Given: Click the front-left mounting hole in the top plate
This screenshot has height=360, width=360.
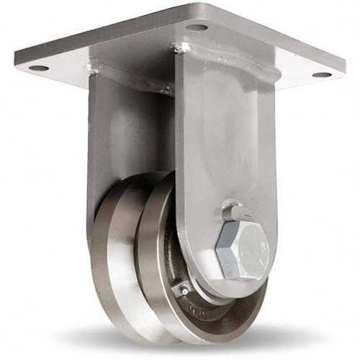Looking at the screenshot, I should click(x=38, y=68).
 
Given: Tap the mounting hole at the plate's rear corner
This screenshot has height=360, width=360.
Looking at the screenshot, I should click(x=196, y=27).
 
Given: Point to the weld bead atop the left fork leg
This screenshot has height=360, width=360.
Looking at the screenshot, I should click(x=91, y=70).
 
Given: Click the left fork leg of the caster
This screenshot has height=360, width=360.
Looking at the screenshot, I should click(x=108, y=144).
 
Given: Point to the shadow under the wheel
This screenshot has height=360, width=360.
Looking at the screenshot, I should click(x=180, y=346).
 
